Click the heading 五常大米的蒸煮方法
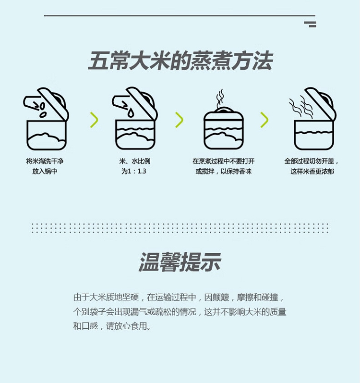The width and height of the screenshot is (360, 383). (180, 61)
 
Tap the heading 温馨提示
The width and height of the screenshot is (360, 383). (180, 262)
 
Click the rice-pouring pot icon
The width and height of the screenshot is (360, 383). (46, 119)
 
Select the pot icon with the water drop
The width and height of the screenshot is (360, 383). (134, 119)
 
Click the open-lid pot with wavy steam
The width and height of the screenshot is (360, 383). (312, 119)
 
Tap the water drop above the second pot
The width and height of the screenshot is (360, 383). (131, 113)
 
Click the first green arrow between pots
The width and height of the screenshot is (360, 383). (94, 120)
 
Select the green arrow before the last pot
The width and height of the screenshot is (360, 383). (264, 120)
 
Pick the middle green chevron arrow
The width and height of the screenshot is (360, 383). (179, 120)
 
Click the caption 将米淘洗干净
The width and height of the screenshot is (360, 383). (45, 161)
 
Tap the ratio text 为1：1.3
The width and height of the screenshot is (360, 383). (134, 171)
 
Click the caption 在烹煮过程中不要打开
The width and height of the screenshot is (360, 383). (223, 161)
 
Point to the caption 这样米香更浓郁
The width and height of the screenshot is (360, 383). (312, 171)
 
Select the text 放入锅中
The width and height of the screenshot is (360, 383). (45, 171)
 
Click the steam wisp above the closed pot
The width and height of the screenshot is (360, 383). (220, 99)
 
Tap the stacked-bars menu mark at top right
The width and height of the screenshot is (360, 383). (310, 24)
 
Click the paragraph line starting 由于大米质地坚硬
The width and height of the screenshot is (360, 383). (179, 297)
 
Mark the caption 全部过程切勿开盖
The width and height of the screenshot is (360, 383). (309, 161)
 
